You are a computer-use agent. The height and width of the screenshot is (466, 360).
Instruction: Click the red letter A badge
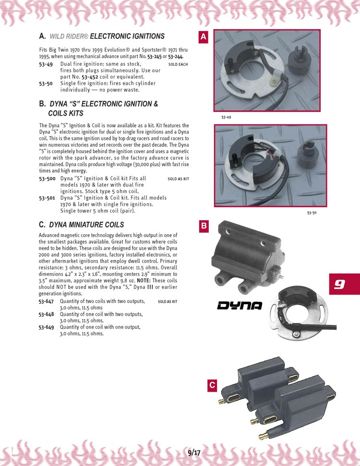click(x=204, y=36)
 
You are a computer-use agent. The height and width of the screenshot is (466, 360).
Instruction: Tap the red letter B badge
click(x=204, y=226)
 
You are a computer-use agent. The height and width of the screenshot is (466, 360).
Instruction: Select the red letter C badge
click(x=212, y=385)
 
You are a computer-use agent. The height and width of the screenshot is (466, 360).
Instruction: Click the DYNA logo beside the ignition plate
click(x=240, y=306)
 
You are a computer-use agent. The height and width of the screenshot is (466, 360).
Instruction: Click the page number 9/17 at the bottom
click(x=194, y=453)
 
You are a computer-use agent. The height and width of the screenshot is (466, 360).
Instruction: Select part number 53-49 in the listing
click(x=46, y=64)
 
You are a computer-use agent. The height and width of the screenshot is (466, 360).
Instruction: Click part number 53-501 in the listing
click(x=47, y=198)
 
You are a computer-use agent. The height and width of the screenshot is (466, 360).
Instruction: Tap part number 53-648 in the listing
click(x=47, y=314)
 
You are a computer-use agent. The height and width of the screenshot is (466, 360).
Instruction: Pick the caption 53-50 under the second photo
click(x=312, y=213)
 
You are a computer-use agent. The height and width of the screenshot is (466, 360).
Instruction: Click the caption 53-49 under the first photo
click(x=226, y=117)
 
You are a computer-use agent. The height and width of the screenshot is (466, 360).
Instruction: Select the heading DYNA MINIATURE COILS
click(x=86, y=225)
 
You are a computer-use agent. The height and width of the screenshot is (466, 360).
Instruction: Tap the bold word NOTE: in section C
click(x=144, y=281)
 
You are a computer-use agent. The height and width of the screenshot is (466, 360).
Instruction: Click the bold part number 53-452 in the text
click(x=90, y=77)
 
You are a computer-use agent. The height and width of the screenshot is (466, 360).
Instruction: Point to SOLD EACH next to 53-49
click(x=178, y=64)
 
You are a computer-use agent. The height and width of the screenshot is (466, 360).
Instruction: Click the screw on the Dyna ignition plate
click(x=296, y=334)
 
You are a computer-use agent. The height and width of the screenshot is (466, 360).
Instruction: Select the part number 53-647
click(x=46, y=301)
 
